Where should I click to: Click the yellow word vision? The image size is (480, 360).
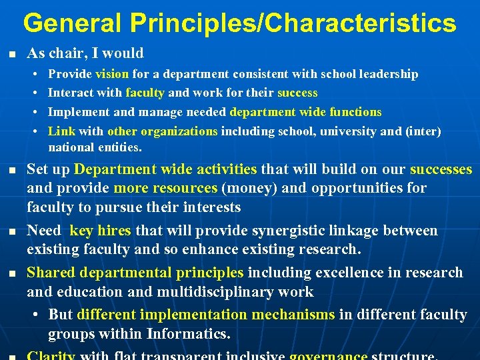coord(113,74)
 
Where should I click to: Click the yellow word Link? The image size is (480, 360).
coord(62,131)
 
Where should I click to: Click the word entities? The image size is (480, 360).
coord(120,147)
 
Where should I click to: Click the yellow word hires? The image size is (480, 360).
coord(114,231)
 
